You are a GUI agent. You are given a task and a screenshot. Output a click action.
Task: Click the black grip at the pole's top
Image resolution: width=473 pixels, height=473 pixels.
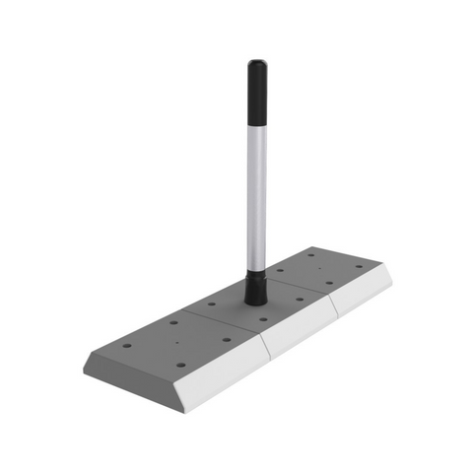point(256,79)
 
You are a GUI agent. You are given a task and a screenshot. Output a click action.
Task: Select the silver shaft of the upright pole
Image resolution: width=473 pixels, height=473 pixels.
point(256,187)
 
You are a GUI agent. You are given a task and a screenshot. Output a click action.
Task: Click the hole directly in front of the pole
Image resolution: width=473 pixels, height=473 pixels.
point(263,320)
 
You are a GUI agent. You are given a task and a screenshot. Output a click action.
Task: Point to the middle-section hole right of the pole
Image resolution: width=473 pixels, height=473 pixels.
point(300,299)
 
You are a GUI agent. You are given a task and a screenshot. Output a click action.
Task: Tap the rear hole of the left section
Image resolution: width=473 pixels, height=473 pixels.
point(174,322)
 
